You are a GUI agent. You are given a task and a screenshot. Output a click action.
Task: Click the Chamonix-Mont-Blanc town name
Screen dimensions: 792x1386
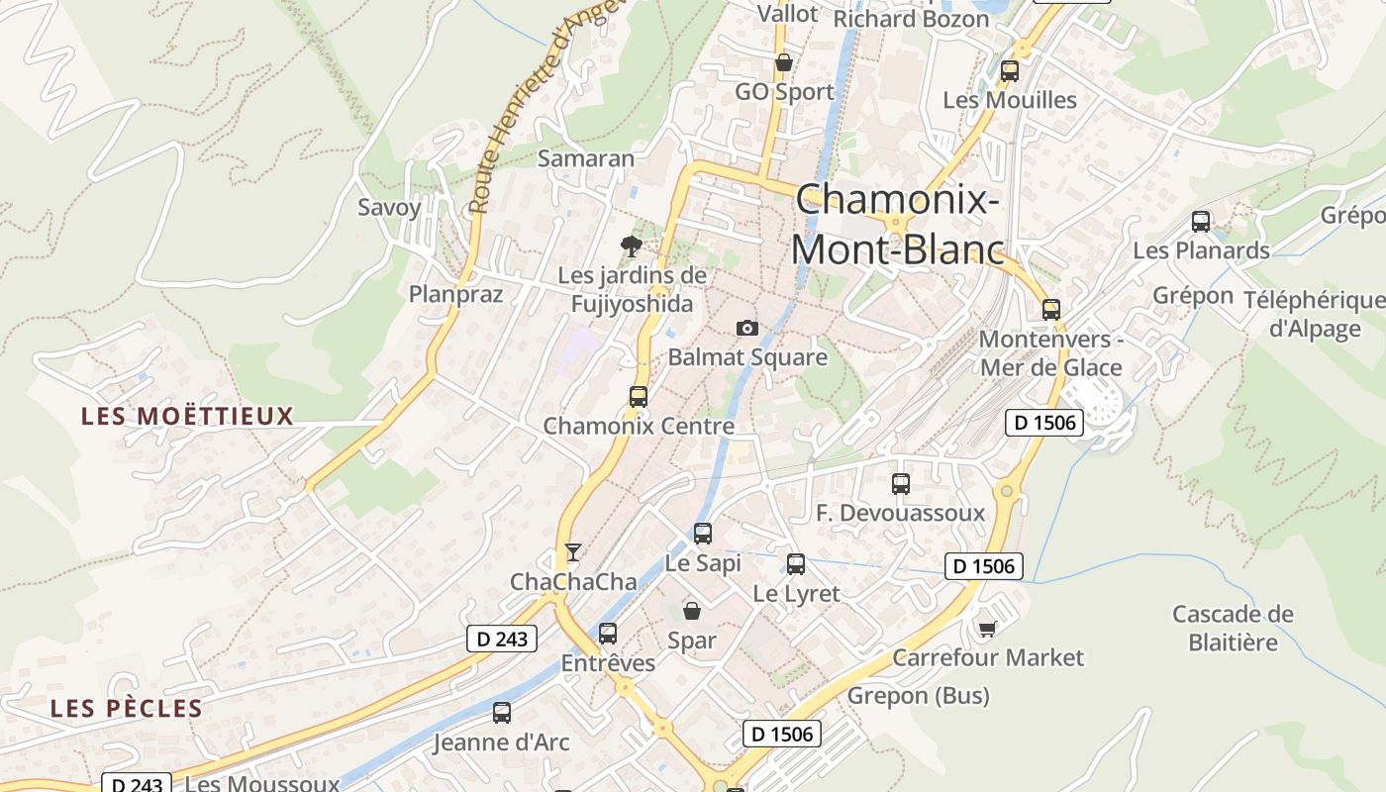click(x=897, y=225)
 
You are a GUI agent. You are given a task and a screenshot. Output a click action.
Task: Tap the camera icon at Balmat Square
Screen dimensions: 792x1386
click(x=747, y=328)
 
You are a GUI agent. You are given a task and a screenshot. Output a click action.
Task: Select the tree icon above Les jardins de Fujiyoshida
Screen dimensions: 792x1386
click(x=631, y=246)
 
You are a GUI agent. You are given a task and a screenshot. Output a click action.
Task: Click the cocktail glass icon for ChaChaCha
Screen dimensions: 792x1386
click(x=572, y=552)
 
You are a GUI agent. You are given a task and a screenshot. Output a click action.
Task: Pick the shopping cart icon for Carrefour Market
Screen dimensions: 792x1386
click(x=987, y=629)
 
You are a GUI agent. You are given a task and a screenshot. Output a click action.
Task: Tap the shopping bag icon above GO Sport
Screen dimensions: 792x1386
click(x=784, y=62)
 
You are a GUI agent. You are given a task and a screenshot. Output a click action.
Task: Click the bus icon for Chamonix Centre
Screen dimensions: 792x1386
click(x=639, y=397)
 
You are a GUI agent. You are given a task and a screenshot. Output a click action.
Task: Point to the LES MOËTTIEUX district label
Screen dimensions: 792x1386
click(x=188, y=416)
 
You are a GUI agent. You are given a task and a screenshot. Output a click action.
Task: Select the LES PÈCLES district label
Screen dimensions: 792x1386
click(x=127, y=709)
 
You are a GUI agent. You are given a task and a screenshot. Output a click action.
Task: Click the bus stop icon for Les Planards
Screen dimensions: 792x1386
click(x=1201, y=222)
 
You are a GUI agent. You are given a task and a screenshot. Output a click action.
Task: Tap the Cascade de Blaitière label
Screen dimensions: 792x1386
click(x=1233, y=628)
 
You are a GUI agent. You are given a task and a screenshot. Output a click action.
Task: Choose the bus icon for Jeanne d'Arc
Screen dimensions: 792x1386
click(x=502, y=712)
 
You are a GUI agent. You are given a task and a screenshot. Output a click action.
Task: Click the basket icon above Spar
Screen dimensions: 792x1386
click(x=692, y=611)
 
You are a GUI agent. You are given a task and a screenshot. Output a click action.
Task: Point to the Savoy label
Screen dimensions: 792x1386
click(x=389, y=208)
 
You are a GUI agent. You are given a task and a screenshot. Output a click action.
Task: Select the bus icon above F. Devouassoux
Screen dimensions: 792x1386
click(x=901, y=484)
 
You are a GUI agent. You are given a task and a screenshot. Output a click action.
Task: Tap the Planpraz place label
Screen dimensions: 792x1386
click(x=455, y=294)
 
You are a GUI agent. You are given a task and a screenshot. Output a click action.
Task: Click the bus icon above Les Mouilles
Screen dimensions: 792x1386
click(x=1010, y=71)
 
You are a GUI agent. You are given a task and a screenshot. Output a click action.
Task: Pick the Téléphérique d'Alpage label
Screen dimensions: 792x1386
click(x=1315, y=314)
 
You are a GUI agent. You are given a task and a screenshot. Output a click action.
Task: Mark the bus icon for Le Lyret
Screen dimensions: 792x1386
click(x=796, y=564)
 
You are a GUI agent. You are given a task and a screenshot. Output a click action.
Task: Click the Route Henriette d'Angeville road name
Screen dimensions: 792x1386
click(x=546, y=105)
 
